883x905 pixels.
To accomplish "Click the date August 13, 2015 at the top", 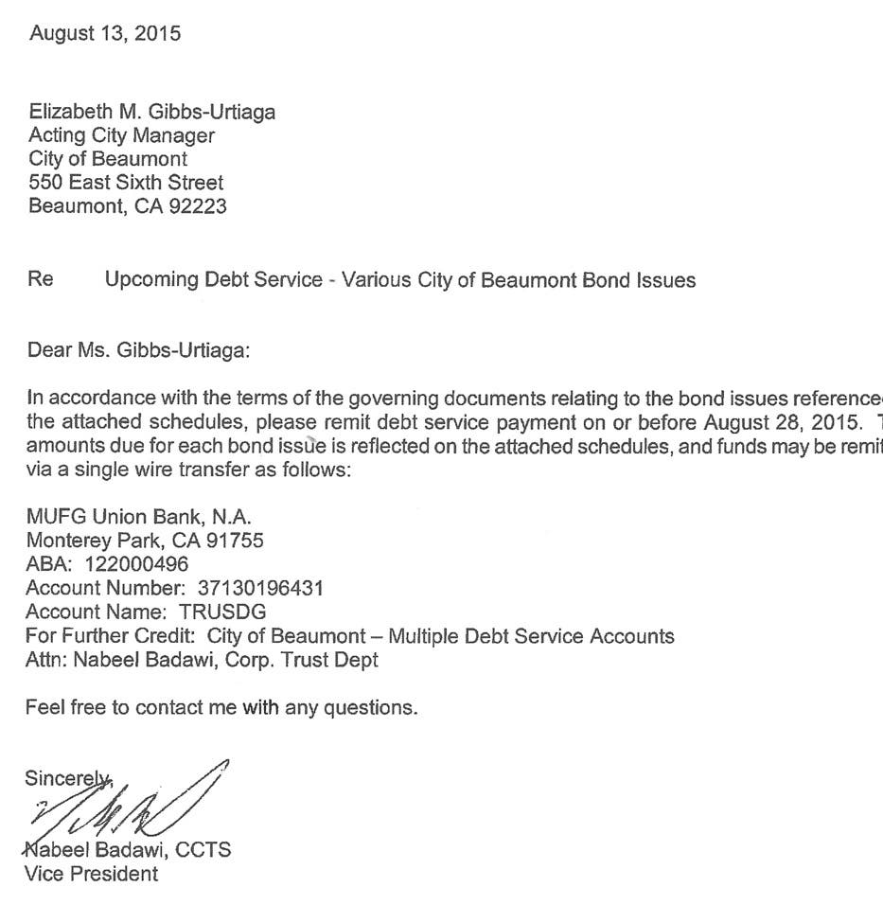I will pyautogui.click(x=105, y=34).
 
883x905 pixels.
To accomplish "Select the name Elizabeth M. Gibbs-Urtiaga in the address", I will pyautogui.click(x=152, y=112).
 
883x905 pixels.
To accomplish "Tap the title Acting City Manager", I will pyautogui.click(x=121, y=135).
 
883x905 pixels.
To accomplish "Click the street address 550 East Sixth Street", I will pyautogui.click(x=126, y=182).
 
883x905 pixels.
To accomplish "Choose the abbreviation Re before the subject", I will pyautogui.click(x=41, y=280).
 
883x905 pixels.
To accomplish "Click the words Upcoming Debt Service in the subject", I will pyautogui.click(x=214, y=280).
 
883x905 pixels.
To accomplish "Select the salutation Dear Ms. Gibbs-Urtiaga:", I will pyautogui.click(x=139, y=351).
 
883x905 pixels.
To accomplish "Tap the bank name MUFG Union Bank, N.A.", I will pyautogui.click(x=138, y=517).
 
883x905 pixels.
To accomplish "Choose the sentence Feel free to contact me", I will pyautogui.click(x=221, y=706).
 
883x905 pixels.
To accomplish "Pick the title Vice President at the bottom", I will pyautogui.click(x=92, y=873).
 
